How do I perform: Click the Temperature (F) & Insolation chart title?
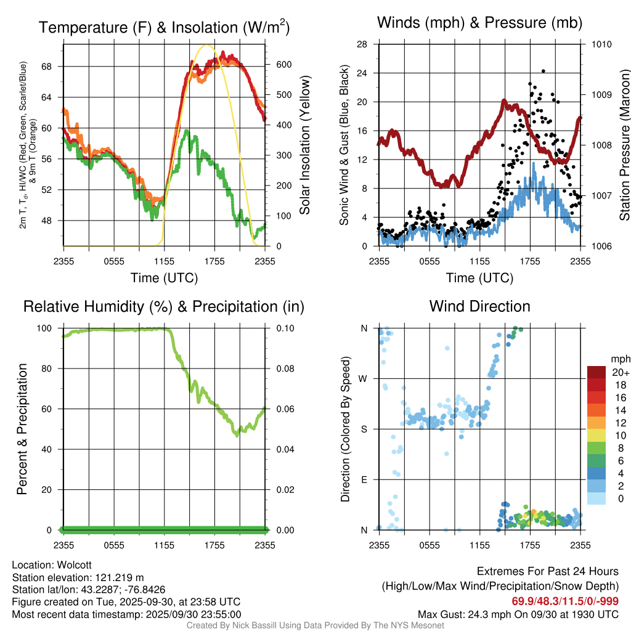coord(164,27)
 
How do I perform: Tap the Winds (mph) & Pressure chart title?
coord(479,23)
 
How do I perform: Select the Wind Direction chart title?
coord(479,306)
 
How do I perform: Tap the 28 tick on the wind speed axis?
coord(362,44)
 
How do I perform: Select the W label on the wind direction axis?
coord(364,378)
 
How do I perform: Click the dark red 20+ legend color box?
coord(598,372)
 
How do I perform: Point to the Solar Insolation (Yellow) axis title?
coord(305,145)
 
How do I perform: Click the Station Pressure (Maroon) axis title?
coord(624,145)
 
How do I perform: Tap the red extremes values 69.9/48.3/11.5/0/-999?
coord(565,601)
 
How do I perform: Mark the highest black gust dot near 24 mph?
coord(543,71)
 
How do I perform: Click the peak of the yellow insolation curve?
coord(207,45)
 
